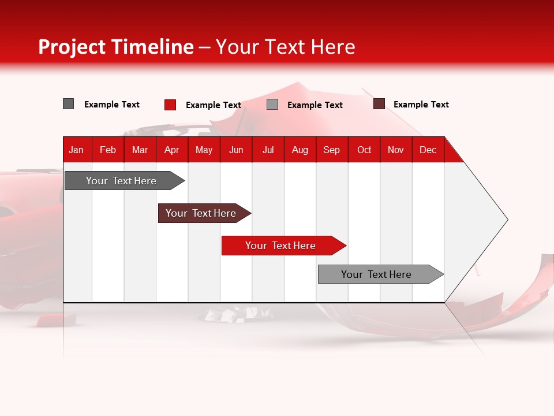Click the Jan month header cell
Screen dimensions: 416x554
pyautogui.click(x=77, y=150)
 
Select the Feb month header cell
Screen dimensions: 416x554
pyautogui.click(x=108, y=150)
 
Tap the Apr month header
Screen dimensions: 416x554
pyautogui.click(x=171, y=150)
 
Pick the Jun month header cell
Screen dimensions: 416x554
pyautogui.click(x=236, y=150)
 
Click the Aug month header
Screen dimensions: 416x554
pyautogui.click(x=300, y=150)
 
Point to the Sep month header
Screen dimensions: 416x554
pyautogui.click(x=332, y=150)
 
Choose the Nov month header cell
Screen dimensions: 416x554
pyautogui.click(x=396, y=150)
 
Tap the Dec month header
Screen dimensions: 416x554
pyautogui.click(x=428, y=150)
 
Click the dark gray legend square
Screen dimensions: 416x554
pyautogui.click(x=69, y=104)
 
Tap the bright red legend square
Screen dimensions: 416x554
pyautogui.click(x=170, y=105)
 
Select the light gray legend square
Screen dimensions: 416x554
pyautogui.click(x=272, y=105)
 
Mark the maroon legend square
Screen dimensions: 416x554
pyautogui.click(x=379, y=104)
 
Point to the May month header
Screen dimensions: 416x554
pyautogui.click(x=204, y=150)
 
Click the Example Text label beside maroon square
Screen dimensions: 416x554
pyautogui.click(x=421, y=105)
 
